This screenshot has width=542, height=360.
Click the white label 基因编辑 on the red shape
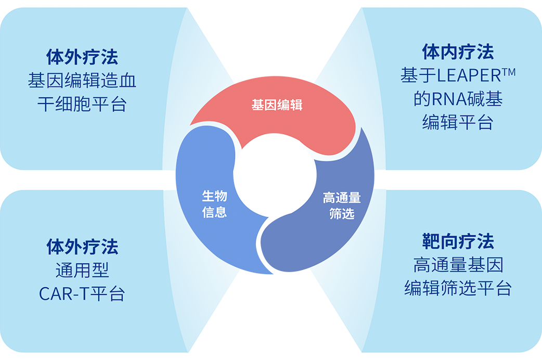pos(277,106)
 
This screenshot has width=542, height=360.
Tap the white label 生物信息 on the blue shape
pos(214,204)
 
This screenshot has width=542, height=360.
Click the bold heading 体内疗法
pos(458,52)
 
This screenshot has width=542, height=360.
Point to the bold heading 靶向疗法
pos(458,241)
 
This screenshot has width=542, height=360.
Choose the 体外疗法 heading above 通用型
pos(82,247)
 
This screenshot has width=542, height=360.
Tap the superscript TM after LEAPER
pos(509,72)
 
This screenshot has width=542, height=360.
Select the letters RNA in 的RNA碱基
pos(446,99)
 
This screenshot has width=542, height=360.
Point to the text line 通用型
pos(82,271)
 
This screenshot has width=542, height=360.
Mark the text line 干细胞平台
pos(82,105)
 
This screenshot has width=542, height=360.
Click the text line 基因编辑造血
pos(82,81)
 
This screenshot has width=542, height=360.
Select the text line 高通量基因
pos(458,265)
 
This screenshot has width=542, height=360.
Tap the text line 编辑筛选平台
pos(458,289)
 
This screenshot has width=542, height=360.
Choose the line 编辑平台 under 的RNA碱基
pos(458,123)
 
